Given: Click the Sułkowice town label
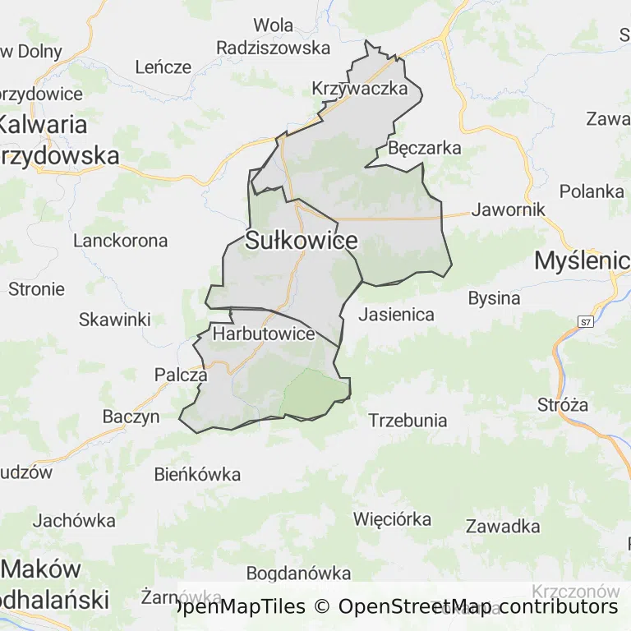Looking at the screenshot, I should [302, 241].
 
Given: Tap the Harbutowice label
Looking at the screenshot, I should [264, 334].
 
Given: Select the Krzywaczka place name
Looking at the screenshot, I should [360, 89].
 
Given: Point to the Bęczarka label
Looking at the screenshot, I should [425, 149].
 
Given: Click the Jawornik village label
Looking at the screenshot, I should [509, 210].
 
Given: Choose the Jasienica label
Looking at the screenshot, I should [396, 314].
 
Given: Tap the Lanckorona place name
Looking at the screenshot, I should [121, 241].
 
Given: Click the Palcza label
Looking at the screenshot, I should [181, 375].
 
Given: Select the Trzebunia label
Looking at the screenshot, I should [408, 421].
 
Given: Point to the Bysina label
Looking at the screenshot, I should [494, 298].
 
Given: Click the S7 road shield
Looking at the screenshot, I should [585, 321].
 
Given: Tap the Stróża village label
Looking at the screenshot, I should [563, 404].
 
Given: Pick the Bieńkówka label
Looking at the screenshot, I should [198, 474].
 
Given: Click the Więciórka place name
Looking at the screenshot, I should [392, 519].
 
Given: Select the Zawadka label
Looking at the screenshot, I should [503, 527].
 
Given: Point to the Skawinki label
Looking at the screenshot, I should [115, 320].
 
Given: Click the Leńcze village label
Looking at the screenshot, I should [163, 67].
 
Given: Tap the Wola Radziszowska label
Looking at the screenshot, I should [274, 37].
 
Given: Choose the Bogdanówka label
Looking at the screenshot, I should [298, 573].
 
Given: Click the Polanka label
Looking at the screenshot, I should [592, 191].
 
